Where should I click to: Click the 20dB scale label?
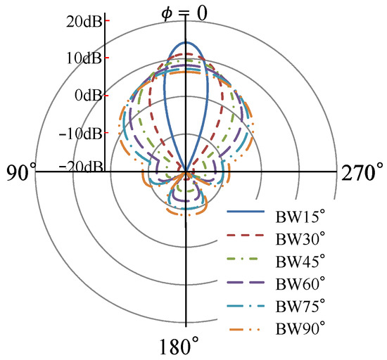click(84, 22)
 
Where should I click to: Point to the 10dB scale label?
click(84, 58)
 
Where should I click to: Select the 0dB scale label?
click(89, 95)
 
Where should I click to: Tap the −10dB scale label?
click(80, 134)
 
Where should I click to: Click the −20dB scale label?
click(81, 167)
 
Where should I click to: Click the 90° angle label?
click(20, 172)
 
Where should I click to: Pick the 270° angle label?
click(362, 172)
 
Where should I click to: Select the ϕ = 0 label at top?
click(184, 14)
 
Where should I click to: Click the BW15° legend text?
click(300, 217)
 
